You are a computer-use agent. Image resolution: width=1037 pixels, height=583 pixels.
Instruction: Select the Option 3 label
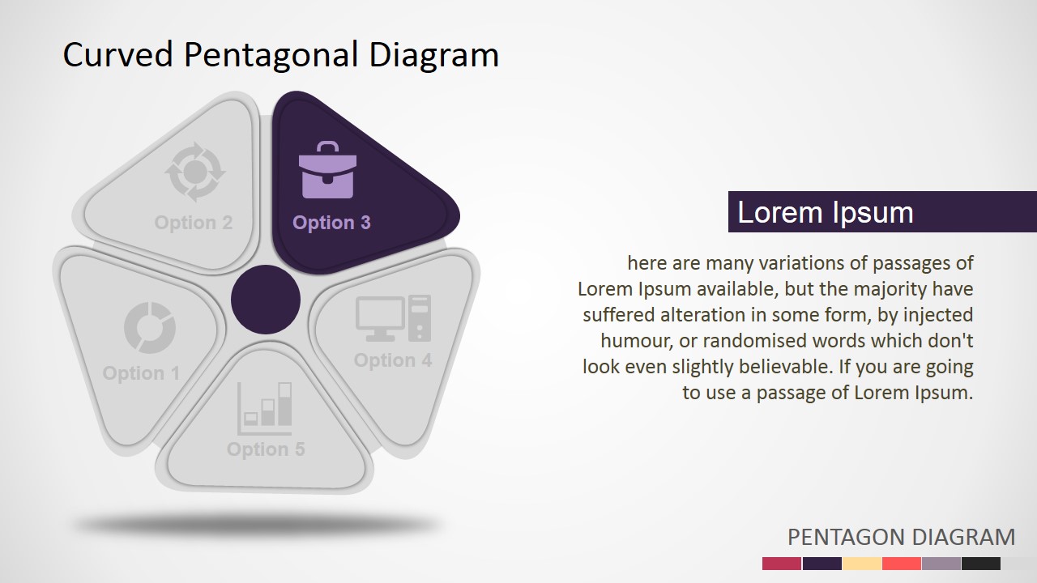[x=331, y=223]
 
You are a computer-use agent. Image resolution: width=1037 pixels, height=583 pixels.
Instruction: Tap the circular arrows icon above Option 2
[x=194, y=172]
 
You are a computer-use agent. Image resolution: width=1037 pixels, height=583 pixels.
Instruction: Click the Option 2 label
[x=194, y=223]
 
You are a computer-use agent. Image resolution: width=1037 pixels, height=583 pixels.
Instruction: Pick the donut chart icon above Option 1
[x=150, y=328]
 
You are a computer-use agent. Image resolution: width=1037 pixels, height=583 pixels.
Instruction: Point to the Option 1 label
[x=141, y=373]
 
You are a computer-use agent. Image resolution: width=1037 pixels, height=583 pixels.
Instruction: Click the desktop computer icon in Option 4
[x=394, y=318]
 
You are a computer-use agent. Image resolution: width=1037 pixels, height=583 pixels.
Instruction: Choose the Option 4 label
[x=393, y=360]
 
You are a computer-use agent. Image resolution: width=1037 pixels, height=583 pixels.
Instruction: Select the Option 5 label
[x=266, y=449]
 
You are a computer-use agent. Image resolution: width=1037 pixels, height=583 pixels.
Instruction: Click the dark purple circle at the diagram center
[x=266, y=300]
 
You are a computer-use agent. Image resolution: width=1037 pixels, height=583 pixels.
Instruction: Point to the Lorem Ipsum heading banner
[x=881, y=212]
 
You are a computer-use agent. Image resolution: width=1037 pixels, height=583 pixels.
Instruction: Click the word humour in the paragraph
[x=636, y=341]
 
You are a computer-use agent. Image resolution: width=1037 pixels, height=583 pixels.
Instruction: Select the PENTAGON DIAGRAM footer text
[x=901, y=537]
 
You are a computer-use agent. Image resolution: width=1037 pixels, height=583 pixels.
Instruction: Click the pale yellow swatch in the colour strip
[x=862, y=564]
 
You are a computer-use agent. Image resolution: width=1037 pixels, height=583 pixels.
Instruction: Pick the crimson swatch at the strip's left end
[x=782, y=564]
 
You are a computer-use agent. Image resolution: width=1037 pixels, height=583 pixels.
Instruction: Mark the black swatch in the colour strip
[x=980, y=564]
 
